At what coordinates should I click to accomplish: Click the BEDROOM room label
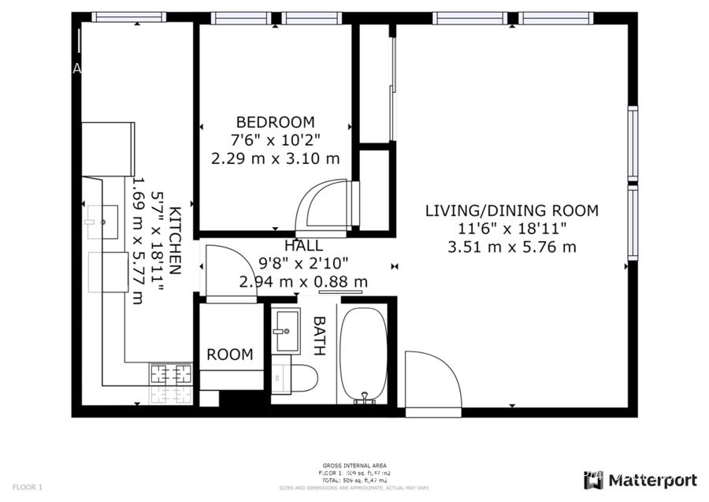(275, 122)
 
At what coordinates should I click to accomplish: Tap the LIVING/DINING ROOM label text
(511, 211)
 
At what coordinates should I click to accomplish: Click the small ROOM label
(230, 355)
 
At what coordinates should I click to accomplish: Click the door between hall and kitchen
(229, 272)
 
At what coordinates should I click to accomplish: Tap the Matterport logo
(640, 480)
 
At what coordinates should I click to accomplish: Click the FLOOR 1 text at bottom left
(28, 487)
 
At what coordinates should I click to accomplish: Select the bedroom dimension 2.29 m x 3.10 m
(275, 158)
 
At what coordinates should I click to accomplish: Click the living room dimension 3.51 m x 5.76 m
(511, 247)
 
